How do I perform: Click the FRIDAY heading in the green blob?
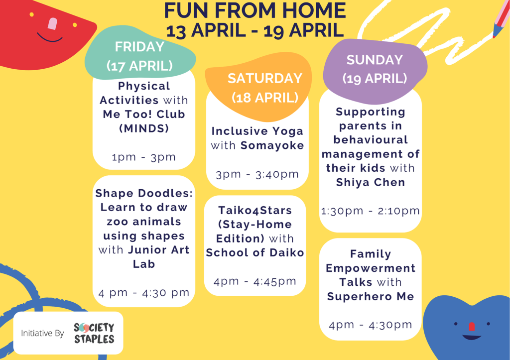[x=139, y=47]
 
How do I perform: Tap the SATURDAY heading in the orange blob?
[x=265, y=78]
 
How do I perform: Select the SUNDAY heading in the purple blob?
[x=375, y=60]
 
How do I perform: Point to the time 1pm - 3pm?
[x=144, y=157]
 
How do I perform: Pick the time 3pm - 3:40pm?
[x=257, y=174]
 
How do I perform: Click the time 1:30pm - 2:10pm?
[x=371, y=211]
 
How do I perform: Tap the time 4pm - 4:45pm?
[x=255, y=281]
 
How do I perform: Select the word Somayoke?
[x=272, y=145]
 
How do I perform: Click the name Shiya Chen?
[x=371, y=182]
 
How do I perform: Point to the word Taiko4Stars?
[x=255, y=211]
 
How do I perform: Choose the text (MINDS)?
[x=144, y=128]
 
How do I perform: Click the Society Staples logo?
[x=94, y=333]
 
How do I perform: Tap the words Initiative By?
[x=42, y=333]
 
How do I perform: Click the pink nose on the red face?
[x=52, y=24]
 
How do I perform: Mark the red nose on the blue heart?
[x=472, y=327]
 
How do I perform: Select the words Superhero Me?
[x=371, y=297]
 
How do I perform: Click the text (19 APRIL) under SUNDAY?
[x=375, y=79]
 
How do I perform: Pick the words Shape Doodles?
[x=144, y=193]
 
